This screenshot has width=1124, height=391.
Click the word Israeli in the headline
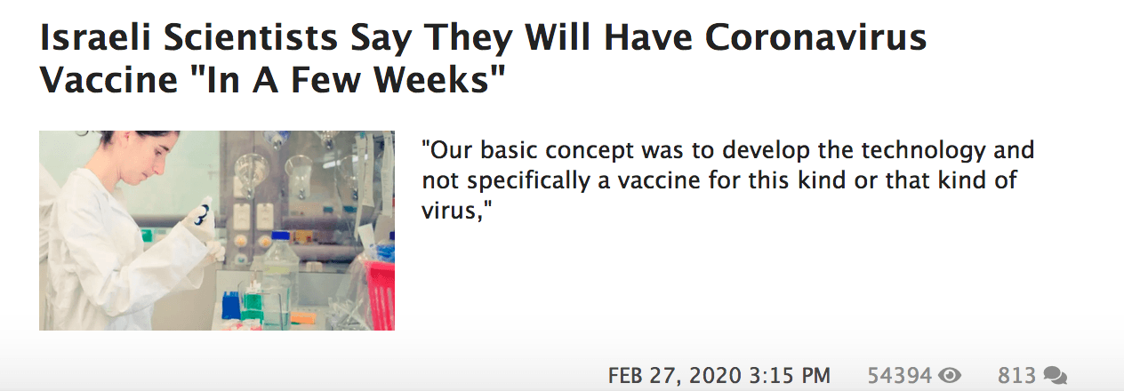[95, 37]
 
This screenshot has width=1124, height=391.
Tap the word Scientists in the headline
[251, 37]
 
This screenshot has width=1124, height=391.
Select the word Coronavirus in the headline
[815, 37]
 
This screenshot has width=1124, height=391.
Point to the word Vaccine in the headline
[108, 80]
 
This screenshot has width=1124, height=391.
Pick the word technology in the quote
[923, 151]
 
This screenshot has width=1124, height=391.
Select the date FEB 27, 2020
[674, 376]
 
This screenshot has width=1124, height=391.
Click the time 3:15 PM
[790, 376]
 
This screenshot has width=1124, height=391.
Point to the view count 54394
[899, 376]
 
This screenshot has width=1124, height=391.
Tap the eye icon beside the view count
[950, 375]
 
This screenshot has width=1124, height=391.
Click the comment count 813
[1016, 376]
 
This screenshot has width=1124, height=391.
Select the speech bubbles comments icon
[1055, 376]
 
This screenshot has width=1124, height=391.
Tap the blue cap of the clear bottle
[281, 236]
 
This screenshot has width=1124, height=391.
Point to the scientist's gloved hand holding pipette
[201, 219]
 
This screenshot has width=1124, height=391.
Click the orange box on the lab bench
[303, 317]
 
